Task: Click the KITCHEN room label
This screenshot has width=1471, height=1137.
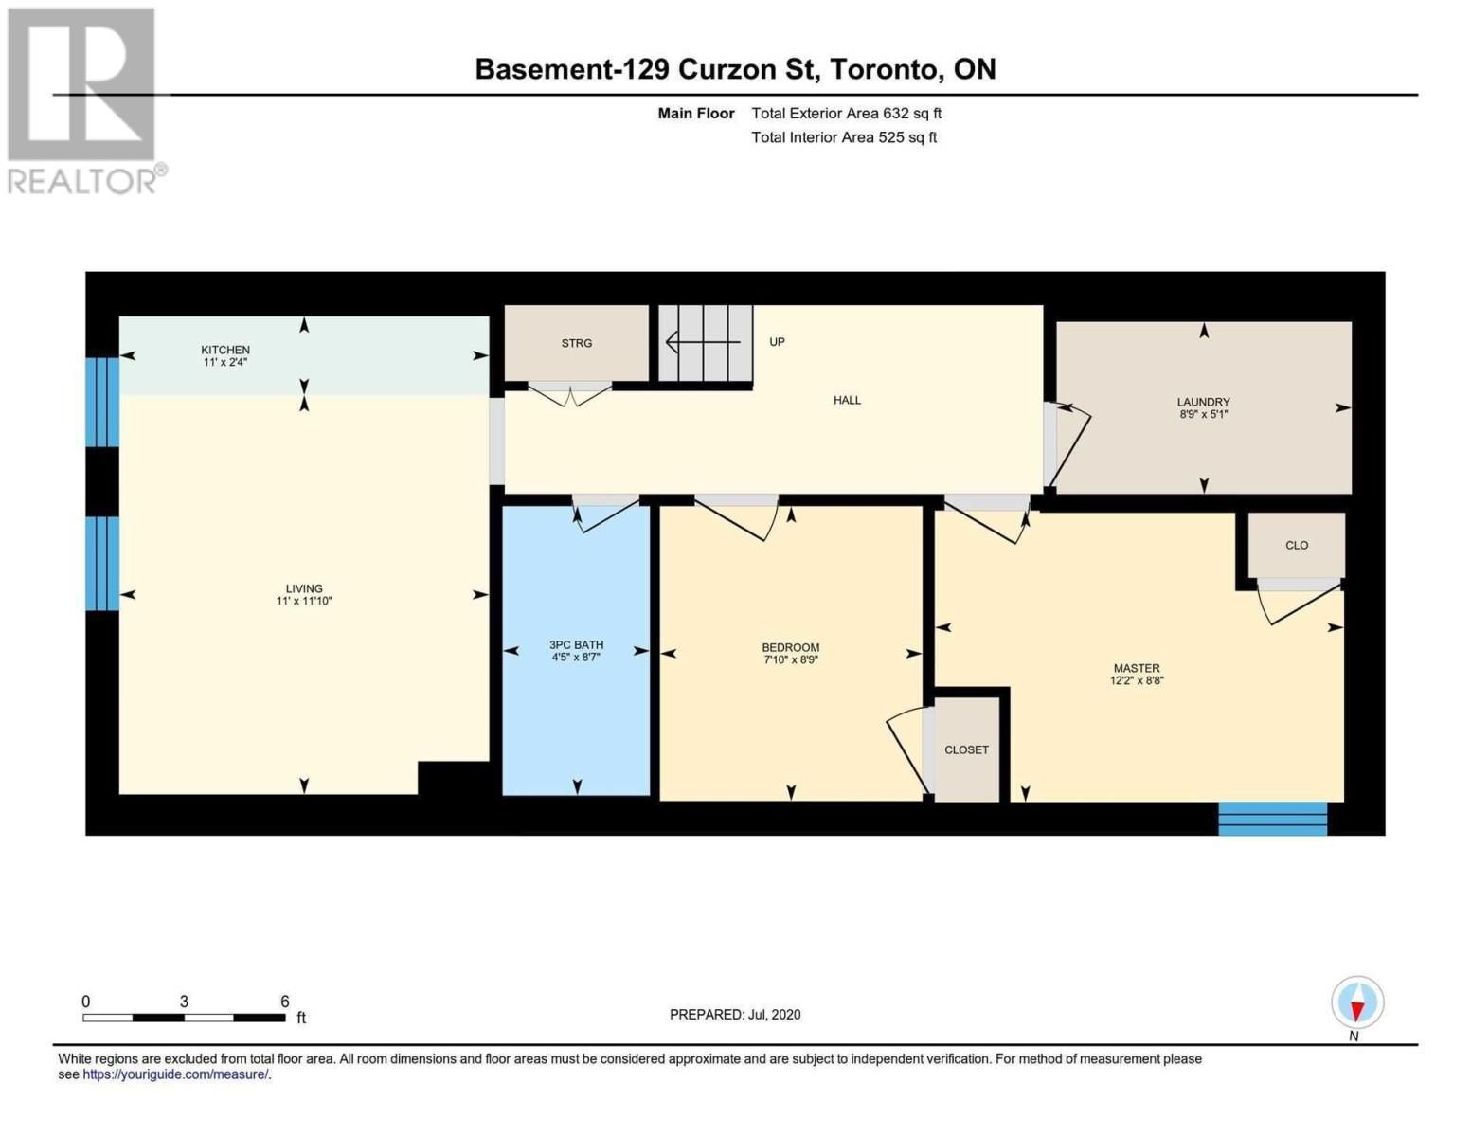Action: point(225,350)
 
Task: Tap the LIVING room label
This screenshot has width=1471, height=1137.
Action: point(304,588)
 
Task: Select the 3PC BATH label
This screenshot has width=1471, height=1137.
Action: point(576,644)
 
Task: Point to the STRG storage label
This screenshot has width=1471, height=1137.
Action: point(577,343)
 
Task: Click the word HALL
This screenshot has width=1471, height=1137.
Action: point(847,400)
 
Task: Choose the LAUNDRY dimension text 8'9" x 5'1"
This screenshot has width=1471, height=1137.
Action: point(1204,414)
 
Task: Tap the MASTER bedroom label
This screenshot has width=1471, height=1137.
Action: point(1137,668)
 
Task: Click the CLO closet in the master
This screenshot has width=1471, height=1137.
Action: point(1297,545)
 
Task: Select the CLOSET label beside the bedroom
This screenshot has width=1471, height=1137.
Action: point(966,749)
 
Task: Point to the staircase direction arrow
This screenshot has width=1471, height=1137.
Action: point(704,342)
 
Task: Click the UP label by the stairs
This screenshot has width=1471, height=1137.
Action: point(777,342)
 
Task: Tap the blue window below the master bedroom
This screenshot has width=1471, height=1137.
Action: point(1273,819)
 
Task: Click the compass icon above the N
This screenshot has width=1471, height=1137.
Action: point(1357,1002)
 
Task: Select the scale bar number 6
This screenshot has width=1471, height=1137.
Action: point(285,1001)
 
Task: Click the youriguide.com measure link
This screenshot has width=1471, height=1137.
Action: point(176,1074)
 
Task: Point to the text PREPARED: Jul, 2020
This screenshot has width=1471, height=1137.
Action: point(735,1015)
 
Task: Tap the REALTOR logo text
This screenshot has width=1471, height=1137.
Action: point(81,182)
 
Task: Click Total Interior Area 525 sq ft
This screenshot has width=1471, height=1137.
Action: point(844,137)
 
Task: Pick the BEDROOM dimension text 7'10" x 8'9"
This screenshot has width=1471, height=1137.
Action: point(791,659)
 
